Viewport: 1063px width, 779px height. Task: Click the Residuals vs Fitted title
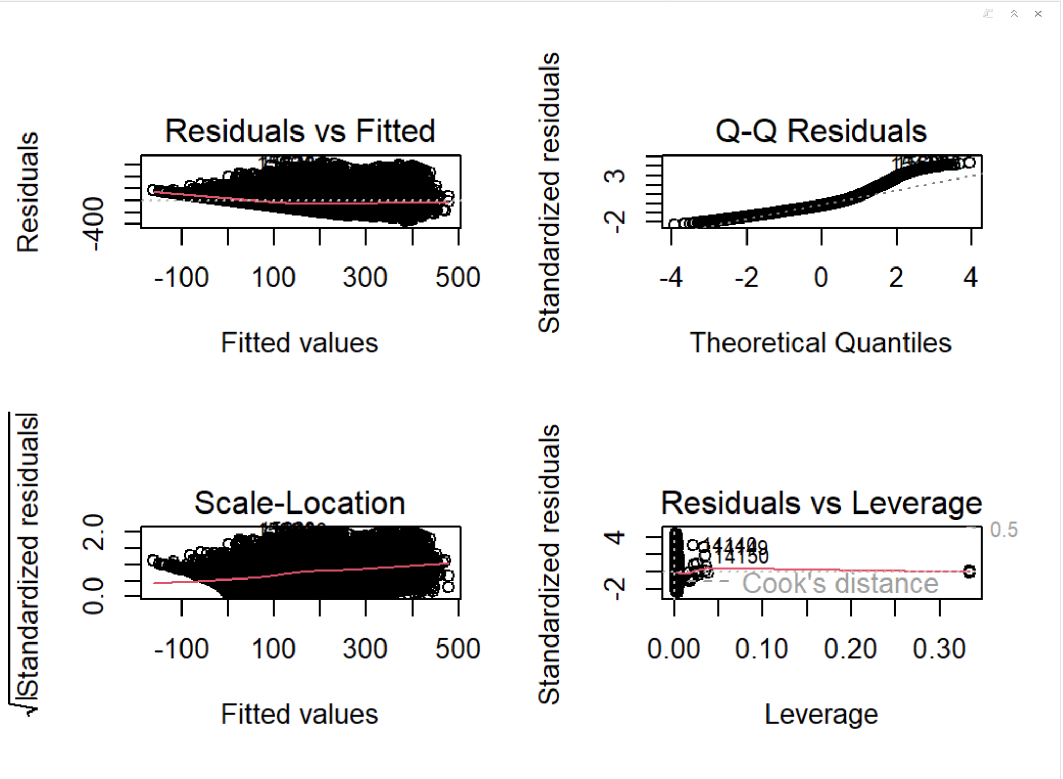coord(300,131)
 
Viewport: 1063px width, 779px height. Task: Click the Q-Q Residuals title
coord(821,131)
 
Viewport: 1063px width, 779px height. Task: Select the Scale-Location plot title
coord(300,503)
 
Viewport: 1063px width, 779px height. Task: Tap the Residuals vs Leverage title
coord(821,503)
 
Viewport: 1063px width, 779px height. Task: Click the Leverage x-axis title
coord(821,714)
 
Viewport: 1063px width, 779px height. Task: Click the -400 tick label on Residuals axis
coord(94,224)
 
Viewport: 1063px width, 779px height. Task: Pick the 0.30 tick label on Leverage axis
coord(939,649)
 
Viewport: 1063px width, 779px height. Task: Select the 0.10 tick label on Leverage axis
coord(761,649)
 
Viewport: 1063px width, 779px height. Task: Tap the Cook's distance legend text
coord(840,584)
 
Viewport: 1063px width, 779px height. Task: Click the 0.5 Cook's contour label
coord(1004,530)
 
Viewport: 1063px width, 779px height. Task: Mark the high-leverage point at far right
coord(969,571)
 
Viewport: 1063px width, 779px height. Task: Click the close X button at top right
coord(1038,14)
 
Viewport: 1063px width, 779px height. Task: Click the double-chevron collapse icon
coord(1014,14)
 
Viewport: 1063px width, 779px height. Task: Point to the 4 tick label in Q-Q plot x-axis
coord(970,278)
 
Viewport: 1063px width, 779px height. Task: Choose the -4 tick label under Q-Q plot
coord(671,278)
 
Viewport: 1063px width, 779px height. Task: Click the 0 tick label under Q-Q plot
coord(821,278)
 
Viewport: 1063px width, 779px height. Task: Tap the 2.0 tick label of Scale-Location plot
coord(94,532)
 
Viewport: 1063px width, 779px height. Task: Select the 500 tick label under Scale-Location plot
coord(458,649)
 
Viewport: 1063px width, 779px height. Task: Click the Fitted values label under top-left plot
coord(300,343)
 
